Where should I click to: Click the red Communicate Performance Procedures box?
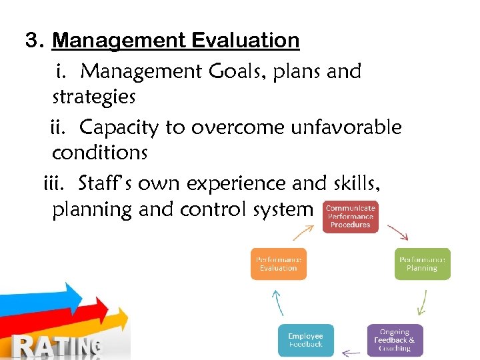click(350, 217)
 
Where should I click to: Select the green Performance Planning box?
click(423, 263)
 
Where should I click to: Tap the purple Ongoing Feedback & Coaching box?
click(395, 340)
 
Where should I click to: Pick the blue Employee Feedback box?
click(305, 340)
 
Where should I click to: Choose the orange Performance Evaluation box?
click(278, 263)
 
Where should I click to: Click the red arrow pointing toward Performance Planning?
click(398, 231)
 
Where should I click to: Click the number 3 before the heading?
click(31, 41)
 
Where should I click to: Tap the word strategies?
click(94, 97)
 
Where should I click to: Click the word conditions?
click(99, 153)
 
